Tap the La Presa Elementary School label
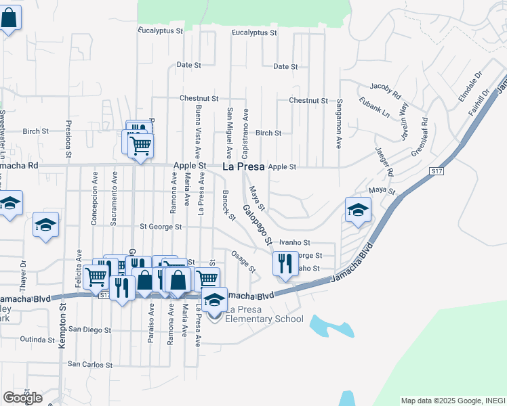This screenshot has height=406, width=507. (264, 314)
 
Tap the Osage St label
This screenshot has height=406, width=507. (243, 263)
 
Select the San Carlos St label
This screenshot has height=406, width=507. (89, 364)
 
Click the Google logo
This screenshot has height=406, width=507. (22, 398)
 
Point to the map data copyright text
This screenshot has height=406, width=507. (452, 401)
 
